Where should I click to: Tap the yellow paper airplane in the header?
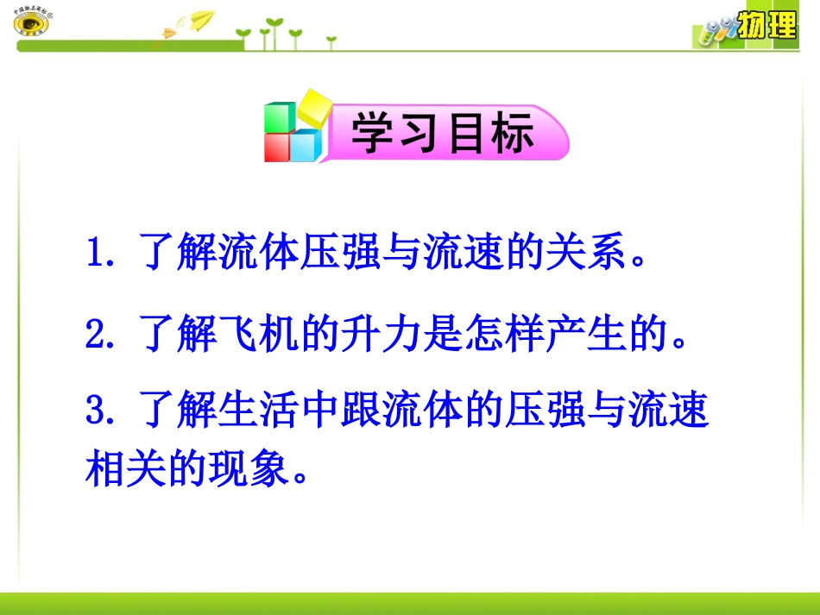[x=201, y=19]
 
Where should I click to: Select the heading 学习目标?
[x=443, y=135]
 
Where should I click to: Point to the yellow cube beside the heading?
[x=312, y=110]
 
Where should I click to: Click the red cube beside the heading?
[x=277, y=147]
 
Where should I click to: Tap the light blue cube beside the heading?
[x=305, y=147]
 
